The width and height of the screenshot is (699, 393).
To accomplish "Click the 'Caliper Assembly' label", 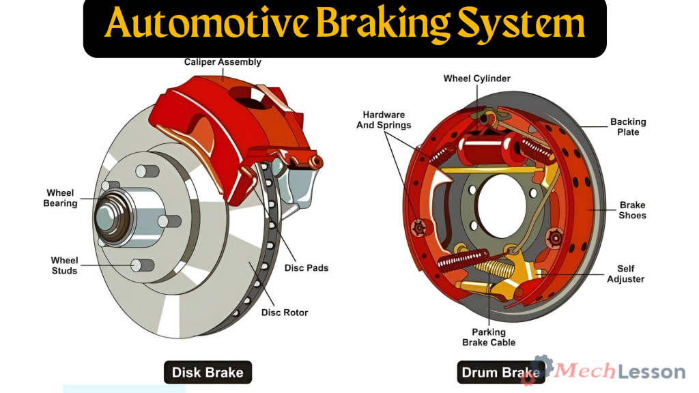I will (223, 62).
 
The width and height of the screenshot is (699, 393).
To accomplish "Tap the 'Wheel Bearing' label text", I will (60, 198).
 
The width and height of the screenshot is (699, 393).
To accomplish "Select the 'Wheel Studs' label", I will (64, 265).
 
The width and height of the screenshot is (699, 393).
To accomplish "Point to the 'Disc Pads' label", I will (306, 268).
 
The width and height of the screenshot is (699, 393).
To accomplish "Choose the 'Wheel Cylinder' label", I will (476, 78).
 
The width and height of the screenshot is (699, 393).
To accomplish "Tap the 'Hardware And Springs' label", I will (384, 120).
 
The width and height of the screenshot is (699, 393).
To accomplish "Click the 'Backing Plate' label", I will (628, 127).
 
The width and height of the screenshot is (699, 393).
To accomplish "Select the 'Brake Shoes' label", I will (632, 210).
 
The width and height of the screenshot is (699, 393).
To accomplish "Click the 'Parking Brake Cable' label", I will (489, 337).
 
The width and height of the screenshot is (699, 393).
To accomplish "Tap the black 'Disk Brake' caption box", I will (208, 373).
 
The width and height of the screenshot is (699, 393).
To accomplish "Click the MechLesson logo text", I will (620, 371).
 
